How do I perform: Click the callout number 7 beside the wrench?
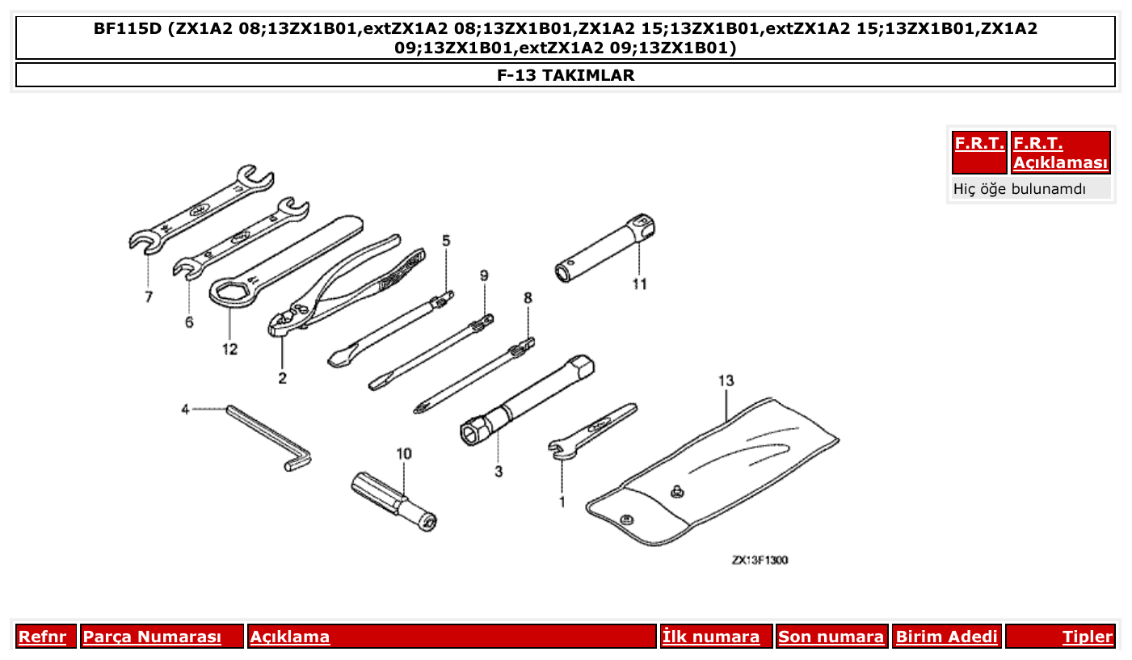coord(149,297)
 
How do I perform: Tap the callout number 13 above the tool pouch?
coord(725,380)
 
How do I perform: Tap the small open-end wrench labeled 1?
coord(594,428)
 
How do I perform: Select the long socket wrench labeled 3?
coord(529,399)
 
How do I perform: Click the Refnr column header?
coord(42,637)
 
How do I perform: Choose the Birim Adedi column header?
coord(946,637)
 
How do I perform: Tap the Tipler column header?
coord(1087,637)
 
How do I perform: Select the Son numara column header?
coord(831,637)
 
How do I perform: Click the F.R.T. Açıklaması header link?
coord(1060,153)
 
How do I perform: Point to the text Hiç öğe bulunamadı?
coord(1020,189)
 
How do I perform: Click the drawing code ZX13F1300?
coord(760,560)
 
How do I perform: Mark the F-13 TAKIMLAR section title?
coord(566,75)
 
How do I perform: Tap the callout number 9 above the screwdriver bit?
coord(484,275)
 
